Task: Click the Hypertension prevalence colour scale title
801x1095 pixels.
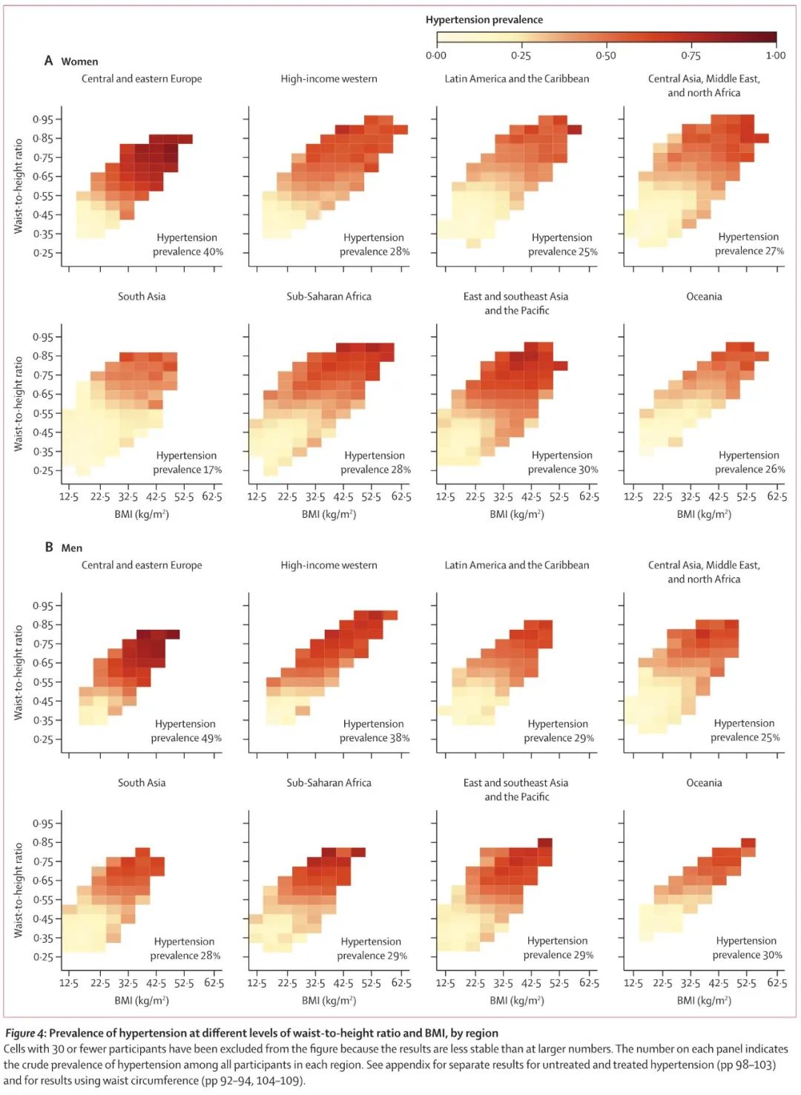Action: tap(484, 20)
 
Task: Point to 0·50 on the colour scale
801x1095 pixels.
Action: tap(605, 56)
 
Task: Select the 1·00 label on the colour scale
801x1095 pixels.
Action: tap(776, 56)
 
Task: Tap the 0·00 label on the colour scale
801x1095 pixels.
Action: tap(436, 56)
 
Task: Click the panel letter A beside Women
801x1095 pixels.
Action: tap(49, 61)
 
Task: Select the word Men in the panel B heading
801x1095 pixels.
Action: tap(72, 548)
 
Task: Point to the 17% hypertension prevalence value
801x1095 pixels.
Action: tap(213, 470)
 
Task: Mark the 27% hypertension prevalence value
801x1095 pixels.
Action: tap(775, 251)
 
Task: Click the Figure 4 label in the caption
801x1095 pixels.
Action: tap(25, 1033)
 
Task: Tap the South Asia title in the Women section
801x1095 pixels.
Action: tap(142, 297)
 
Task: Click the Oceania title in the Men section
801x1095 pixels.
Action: tap(704, 783)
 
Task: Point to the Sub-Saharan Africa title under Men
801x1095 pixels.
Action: tap(329, 783)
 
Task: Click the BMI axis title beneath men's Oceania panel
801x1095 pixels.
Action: tap(704, 1001)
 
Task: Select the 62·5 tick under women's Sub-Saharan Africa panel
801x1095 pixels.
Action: tap(401, 496)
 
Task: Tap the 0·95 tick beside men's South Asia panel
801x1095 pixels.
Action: tap(43, 823)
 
